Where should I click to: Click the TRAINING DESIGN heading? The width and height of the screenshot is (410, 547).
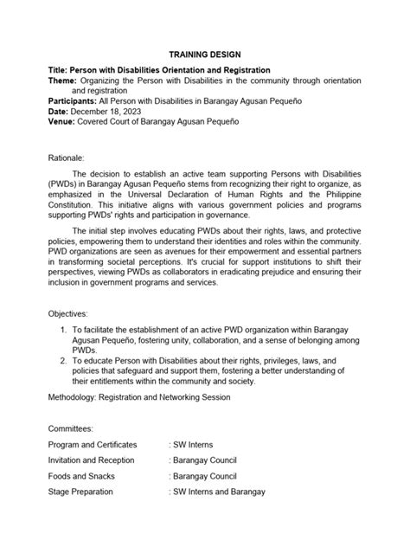205,53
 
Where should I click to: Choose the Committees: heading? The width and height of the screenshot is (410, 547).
71,452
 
